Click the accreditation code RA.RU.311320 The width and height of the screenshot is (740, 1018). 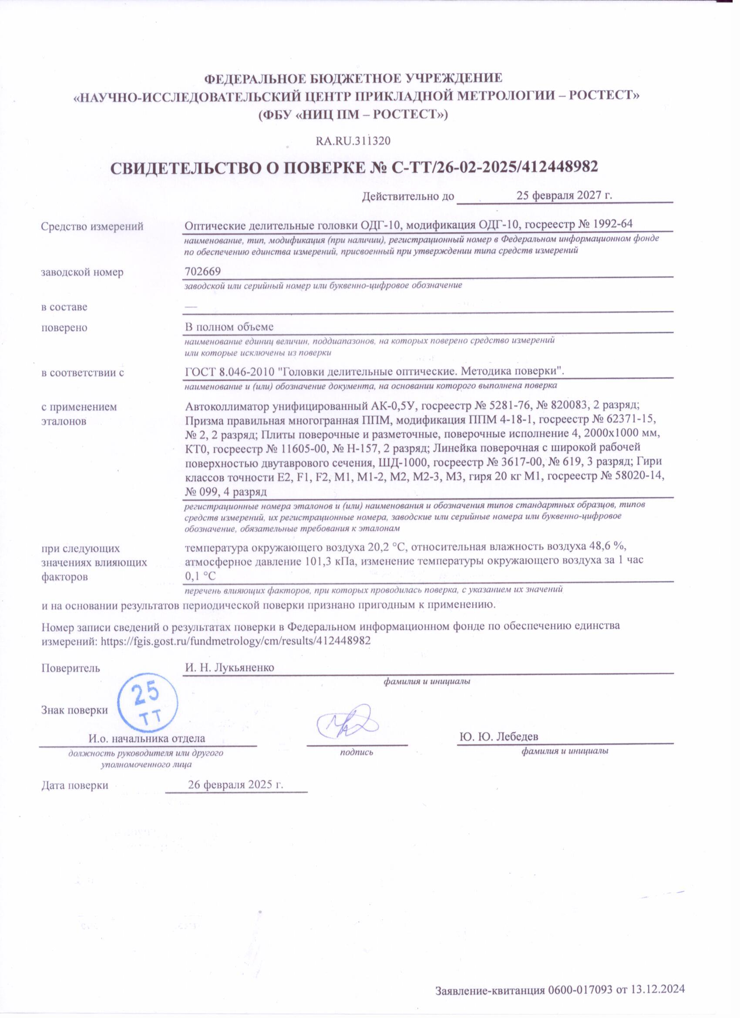353,141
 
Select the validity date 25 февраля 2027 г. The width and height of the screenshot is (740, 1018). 565,196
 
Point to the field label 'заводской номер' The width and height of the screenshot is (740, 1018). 82,272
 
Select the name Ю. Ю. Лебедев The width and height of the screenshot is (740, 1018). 499,737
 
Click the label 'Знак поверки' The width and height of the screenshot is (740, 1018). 74,710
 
